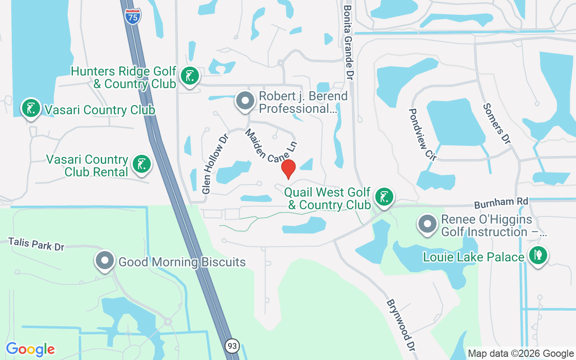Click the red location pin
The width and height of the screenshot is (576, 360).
(x=288, y=169)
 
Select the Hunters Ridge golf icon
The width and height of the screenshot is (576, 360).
(x=189, y=76)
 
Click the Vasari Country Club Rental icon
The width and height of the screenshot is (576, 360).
(x=141, y=164)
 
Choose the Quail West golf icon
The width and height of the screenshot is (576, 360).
(x=384, y=197)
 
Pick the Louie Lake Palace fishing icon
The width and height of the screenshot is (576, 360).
(x=537, y=255)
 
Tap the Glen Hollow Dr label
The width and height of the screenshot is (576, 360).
(x=213, y=163)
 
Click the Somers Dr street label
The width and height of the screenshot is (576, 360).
(x=497, y=123)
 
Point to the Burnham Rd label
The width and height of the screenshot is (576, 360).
(x=501, y=203)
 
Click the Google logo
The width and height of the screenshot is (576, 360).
(x=30, y=349)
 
